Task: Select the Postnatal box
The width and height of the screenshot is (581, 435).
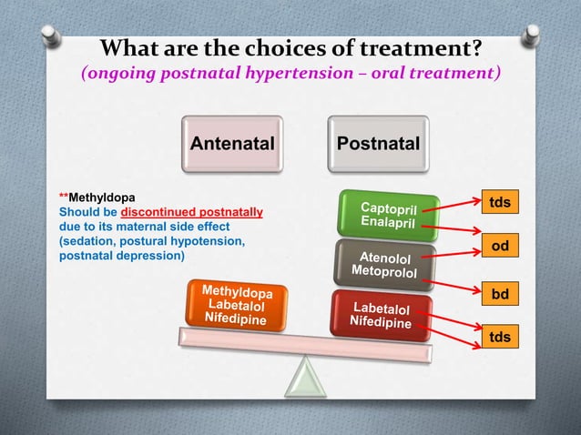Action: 378,144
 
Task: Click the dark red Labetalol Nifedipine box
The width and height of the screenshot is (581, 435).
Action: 380,315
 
